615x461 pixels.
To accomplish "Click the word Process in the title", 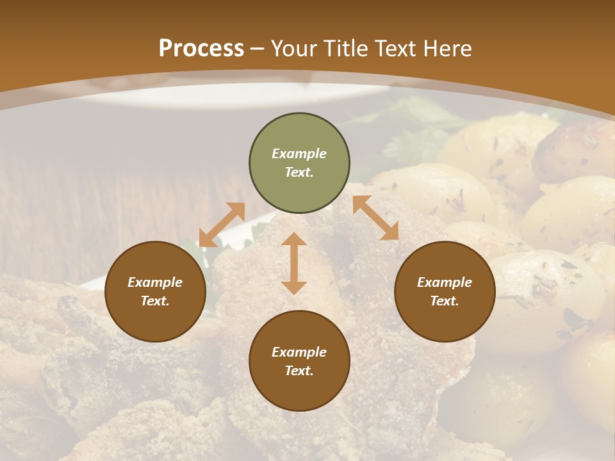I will tap(201, 49).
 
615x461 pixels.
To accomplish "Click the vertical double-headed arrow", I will tap(294, 263).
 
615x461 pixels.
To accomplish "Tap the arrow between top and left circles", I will tap(222, 225).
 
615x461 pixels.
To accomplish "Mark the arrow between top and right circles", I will tap(375, 218).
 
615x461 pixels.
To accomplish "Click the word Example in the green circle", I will tap(299, 154).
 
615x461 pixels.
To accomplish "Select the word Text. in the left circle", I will tap(155, 301).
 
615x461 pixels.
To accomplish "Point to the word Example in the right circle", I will tap(445, 282).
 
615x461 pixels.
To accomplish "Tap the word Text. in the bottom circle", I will tap(299, 371).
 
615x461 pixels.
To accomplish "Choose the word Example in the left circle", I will tap(155, 282).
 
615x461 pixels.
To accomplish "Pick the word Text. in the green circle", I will tap(299, 172).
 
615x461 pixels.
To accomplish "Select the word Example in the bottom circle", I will tap(299, 352).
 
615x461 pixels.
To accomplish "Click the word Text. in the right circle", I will tap(445, 301).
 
